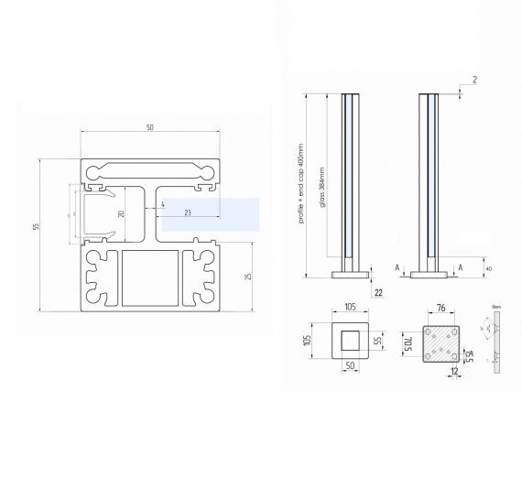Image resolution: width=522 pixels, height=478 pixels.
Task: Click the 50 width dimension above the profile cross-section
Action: pyautogui.click(x=149, y=127)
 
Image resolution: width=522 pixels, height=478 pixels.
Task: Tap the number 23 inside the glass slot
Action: pyautogui.click(x=187, y=212)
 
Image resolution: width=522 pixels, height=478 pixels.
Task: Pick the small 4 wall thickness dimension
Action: pyautogui.click(x=162, y=203)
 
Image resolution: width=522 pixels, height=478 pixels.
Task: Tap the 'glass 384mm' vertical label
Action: pyautogui.click(x=321, y=187)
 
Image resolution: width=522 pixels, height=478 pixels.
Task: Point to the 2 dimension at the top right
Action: pyautogui.click(x=474, y=81)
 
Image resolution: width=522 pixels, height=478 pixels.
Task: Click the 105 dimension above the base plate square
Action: pyautogui.click(x=351, y=310)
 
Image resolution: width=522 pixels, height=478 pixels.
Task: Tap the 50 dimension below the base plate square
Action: pyautogui.click(x=350, y=365)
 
